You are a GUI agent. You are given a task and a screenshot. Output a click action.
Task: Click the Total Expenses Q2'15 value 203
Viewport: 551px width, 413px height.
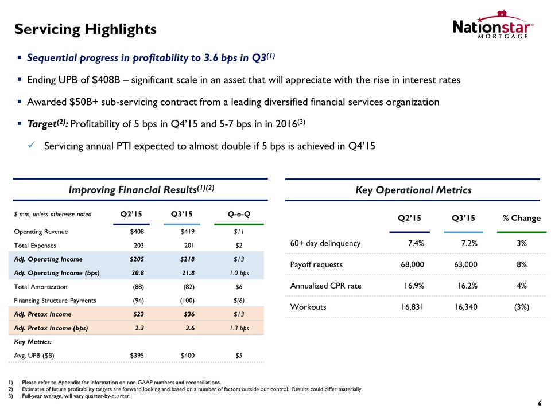pos(138,245)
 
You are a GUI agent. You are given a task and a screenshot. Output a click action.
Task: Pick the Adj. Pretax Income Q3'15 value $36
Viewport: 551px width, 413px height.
pos(187,314)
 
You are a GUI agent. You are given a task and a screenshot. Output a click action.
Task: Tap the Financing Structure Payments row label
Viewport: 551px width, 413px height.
pos(55,300)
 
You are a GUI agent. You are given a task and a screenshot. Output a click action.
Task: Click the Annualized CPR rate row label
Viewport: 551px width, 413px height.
pos(326,286)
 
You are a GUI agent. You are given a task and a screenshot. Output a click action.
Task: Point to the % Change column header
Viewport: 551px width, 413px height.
pos(521,218)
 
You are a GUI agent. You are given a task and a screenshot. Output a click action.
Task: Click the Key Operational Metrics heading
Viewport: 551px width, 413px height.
pos(414,190)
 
